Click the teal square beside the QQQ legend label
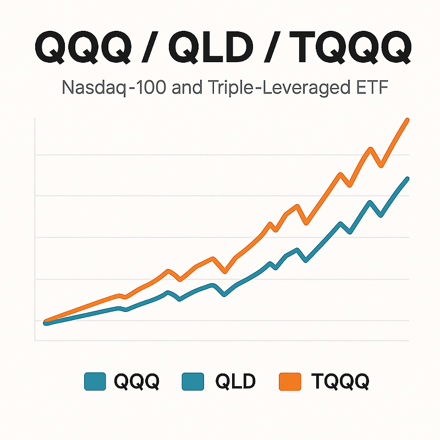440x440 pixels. pos(95,381)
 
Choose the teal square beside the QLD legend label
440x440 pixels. pos(193,381)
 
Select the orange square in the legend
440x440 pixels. pos(290,381)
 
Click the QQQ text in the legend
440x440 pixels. pos(136,381)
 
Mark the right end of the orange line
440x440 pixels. pos(408,119)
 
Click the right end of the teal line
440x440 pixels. pos(408,179)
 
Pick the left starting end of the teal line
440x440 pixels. pos(46,323)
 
